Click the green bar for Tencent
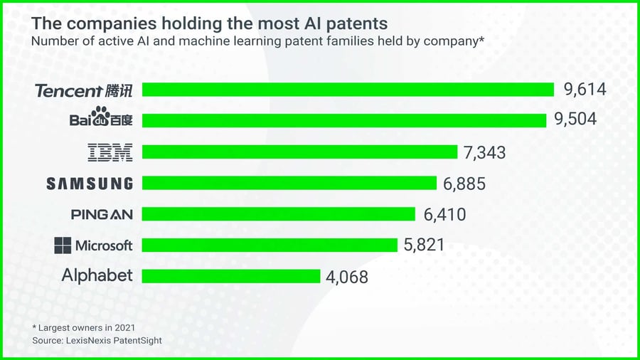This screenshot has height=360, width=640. coord(348,90)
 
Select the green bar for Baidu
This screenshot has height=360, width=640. coord(343,120)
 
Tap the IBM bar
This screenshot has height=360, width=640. coord(299,152)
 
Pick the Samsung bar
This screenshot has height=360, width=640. coord(289,183)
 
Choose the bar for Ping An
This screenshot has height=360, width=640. coord(279,214)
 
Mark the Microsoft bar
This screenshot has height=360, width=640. coord(270,245)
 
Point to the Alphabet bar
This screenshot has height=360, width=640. coord(231,276)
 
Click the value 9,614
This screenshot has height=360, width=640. coord(585,90)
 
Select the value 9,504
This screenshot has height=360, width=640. coord(575,120)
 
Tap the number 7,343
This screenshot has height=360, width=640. coord(484,152)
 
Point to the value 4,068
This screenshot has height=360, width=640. coord(347,277)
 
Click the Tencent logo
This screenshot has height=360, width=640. coord(84,90)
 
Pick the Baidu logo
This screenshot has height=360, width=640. coord(101,117)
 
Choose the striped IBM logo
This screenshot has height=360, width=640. coord(110,152)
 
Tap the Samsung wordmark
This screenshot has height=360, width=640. coord(90,184)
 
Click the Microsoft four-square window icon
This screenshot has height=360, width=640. coord(63,245)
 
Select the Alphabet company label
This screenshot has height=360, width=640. coord(97,275)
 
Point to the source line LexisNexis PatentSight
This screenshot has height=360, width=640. coord(97,341)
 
